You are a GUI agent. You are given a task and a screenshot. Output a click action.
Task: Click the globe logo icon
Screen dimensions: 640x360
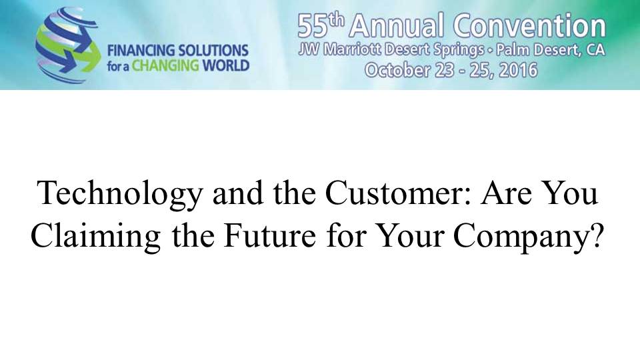67,45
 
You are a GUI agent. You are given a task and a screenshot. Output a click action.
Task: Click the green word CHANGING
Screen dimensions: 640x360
165,66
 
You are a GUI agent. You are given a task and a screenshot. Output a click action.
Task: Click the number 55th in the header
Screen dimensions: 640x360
321,25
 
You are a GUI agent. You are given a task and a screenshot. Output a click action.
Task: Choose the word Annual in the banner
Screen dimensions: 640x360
396,25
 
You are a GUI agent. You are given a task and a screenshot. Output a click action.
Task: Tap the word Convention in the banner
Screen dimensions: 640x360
529,25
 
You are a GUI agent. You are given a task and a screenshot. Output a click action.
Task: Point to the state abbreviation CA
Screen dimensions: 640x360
595,50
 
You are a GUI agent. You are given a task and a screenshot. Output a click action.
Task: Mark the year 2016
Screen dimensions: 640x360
518,70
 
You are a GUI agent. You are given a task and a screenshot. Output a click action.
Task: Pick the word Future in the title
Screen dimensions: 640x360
269,235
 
